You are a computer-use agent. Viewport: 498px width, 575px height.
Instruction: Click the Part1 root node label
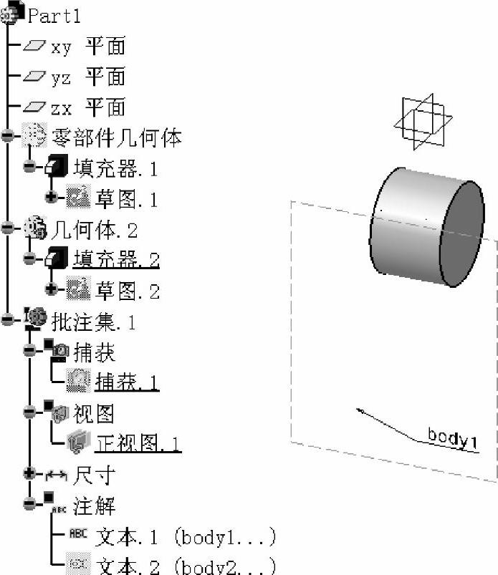pos(54,15)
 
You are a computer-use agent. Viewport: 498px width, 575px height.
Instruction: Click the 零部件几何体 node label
pos(117,137)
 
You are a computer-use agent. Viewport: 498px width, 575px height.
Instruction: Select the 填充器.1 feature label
pos(115,168)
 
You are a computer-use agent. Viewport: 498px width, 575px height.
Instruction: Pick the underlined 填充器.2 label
pos(115,259)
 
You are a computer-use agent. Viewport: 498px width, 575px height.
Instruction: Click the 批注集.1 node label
pos(94,322)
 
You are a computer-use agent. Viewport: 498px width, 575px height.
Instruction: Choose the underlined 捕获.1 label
pos(127,382)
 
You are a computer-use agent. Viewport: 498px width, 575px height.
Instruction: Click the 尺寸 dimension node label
pos(95,474)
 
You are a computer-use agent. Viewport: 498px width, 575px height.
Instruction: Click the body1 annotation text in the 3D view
pos(452,438)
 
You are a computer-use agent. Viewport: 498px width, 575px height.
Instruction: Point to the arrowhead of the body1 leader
pos(358,410)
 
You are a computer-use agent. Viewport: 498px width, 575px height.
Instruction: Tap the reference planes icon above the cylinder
pos(423,122)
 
